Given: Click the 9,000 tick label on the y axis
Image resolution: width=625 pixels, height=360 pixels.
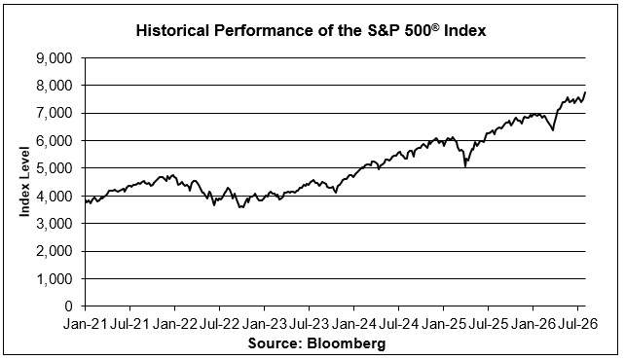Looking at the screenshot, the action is pos(54,58).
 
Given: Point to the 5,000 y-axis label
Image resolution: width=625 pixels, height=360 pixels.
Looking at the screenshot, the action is pos(54,168).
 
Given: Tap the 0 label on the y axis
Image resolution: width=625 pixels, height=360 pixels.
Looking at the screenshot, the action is pos(68,306).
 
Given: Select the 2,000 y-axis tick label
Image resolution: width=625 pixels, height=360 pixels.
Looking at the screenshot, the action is pos(54,251).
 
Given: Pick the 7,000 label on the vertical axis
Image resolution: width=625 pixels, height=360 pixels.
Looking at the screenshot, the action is pos(54,114).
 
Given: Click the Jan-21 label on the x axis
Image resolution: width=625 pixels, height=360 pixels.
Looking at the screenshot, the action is pos(85,324).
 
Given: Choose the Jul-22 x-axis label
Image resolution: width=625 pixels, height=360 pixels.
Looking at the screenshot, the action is pos(219,324).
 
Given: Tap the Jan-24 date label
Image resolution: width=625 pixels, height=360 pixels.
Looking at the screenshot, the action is pos(353,324).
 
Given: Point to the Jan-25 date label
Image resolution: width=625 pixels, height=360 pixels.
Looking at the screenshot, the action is pos(443,324).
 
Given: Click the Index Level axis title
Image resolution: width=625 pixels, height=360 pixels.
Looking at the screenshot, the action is pos(24,182).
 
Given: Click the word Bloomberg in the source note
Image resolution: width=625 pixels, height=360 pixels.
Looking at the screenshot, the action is pos(346,342).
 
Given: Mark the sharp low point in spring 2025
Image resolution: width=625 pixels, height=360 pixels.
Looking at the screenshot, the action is pos(465,166).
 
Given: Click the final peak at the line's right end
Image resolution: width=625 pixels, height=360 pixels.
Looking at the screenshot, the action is pos(585,92).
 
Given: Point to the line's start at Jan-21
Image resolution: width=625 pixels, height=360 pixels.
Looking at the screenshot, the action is pos(86,200).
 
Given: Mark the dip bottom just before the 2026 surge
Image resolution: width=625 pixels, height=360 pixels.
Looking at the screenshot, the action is pos(553,130).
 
